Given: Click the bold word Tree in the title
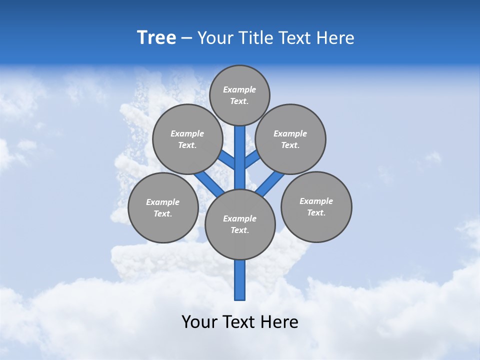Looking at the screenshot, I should point(156,37).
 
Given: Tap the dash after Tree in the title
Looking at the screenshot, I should point(186,38).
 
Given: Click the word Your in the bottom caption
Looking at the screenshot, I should point(199,321).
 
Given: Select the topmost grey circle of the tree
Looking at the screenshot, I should point(239,95).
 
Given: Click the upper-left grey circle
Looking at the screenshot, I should point(187,139).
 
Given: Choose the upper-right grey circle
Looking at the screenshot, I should point(290,139).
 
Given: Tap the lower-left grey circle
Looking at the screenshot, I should point(163,207).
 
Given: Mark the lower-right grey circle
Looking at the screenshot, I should point(316,206).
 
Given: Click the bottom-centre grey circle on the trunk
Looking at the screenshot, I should point(240,224).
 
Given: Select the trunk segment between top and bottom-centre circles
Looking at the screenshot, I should point(240,157).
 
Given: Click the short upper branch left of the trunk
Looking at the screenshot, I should point(227,159).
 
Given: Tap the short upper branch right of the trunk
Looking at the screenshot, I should point(252,159).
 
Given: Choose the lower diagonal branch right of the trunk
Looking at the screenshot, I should point(270,184).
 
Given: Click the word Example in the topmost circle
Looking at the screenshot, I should point(239,89).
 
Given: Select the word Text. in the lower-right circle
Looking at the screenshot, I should point(316,212).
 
